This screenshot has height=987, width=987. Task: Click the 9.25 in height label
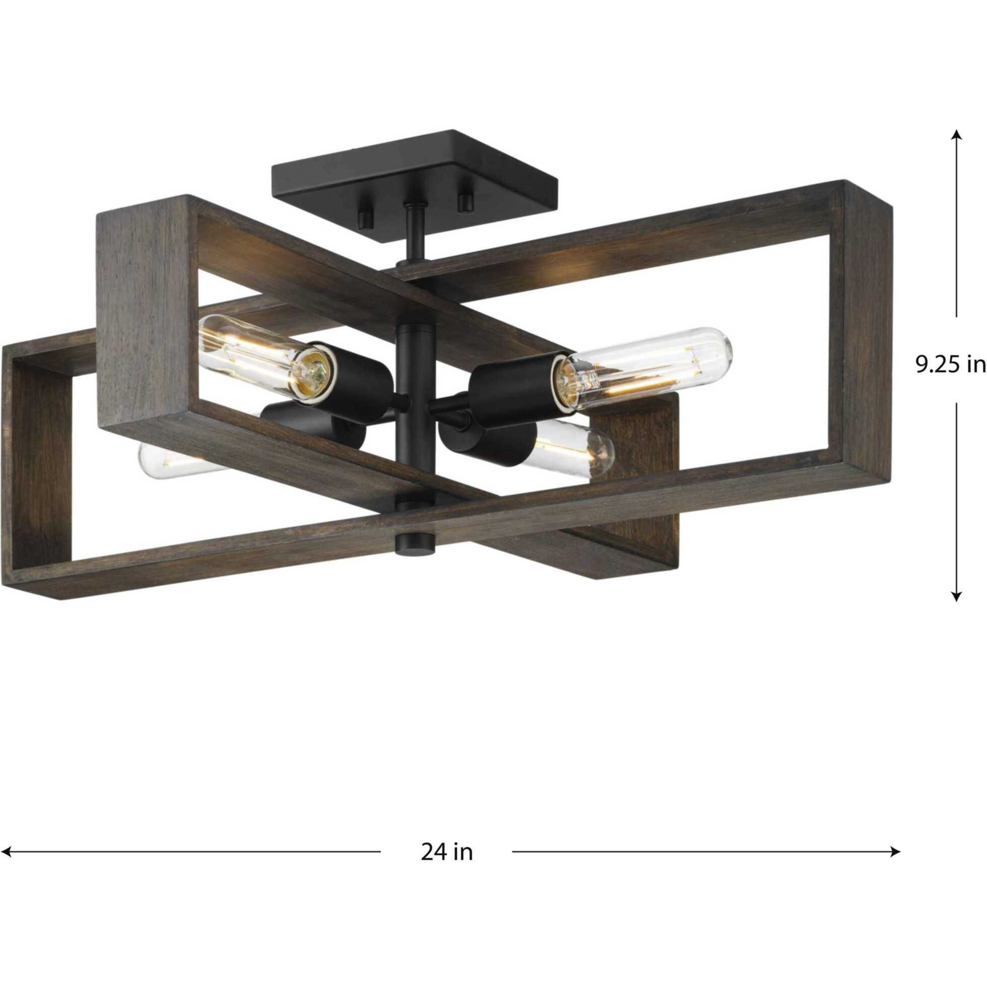949,365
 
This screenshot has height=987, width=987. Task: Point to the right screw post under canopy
464,203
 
